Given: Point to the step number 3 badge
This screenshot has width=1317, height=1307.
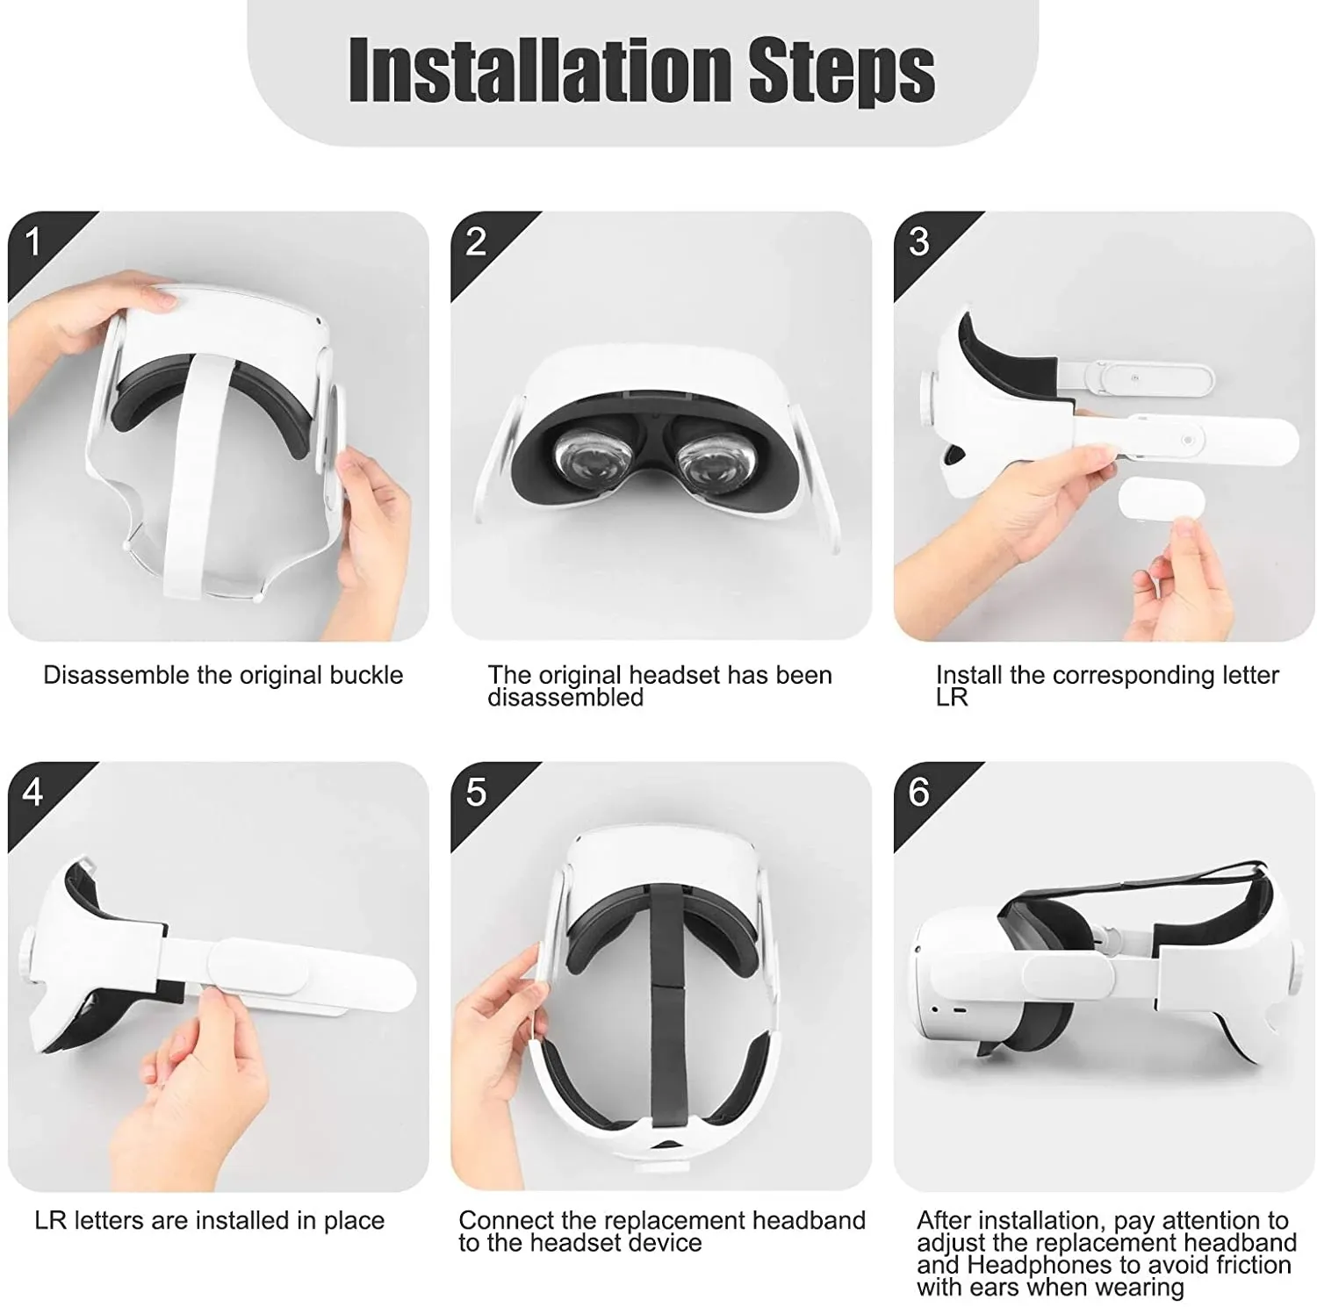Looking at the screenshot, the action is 919,242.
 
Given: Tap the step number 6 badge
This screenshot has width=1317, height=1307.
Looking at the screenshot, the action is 919,793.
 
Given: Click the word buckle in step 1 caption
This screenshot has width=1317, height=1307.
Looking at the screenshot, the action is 366,675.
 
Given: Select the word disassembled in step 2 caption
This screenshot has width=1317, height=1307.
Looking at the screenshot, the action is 565,697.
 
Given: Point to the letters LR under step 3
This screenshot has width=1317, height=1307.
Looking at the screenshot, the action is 952,698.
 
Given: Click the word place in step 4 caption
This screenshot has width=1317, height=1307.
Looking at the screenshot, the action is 354,1221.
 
